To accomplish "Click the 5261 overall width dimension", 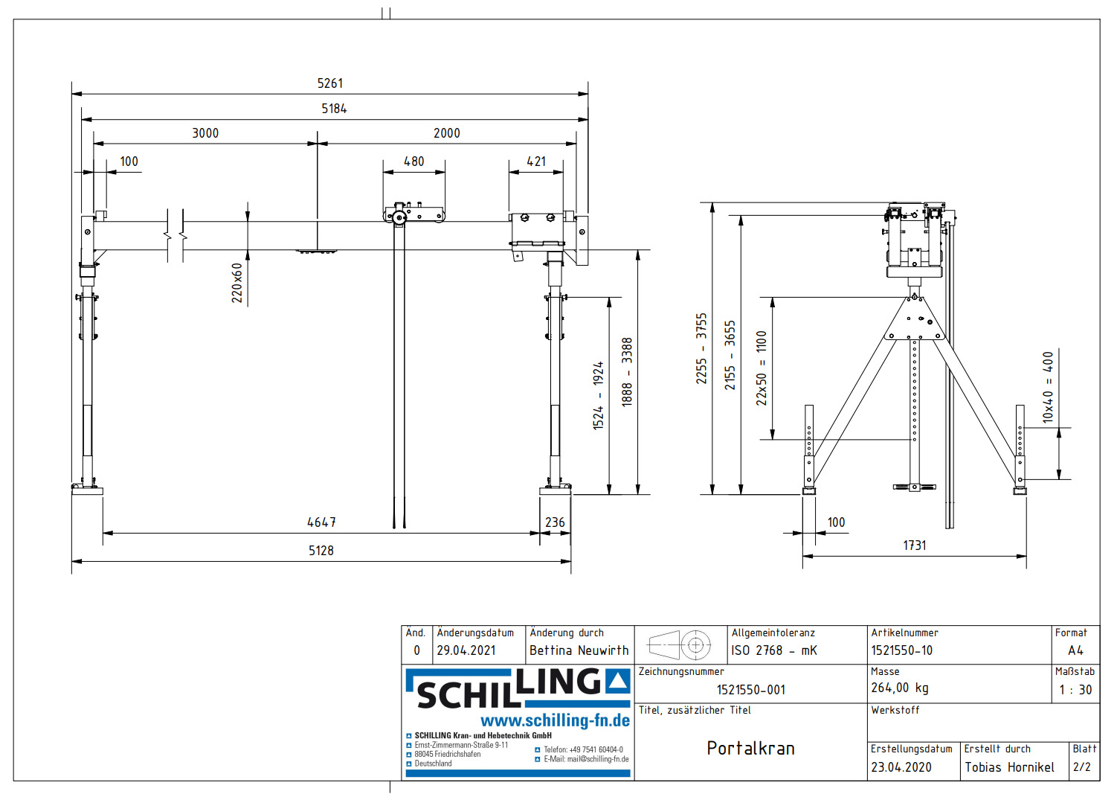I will [330, 83].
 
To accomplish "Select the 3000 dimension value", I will [205, 133].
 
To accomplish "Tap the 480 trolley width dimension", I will [413, 161].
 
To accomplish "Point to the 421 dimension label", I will [535, 161].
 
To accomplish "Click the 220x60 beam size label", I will [237, 283].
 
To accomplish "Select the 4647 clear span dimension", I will [321, 522].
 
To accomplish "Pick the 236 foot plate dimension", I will [555, 522].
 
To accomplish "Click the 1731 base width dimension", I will [914, 545].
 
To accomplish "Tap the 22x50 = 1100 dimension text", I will [762, 368].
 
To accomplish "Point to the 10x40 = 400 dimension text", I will [1048, 387].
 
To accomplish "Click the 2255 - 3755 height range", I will [701, 348].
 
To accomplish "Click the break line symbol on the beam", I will [176, 235].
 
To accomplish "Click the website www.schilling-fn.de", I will [555, 720].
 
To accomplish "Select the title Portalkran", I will [750, 749].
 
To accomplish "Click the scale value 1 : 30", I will [1075, 690].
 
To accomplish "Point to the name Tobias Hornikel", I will [1009, 767].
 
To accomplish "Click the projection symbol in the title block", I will [680, 644].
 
